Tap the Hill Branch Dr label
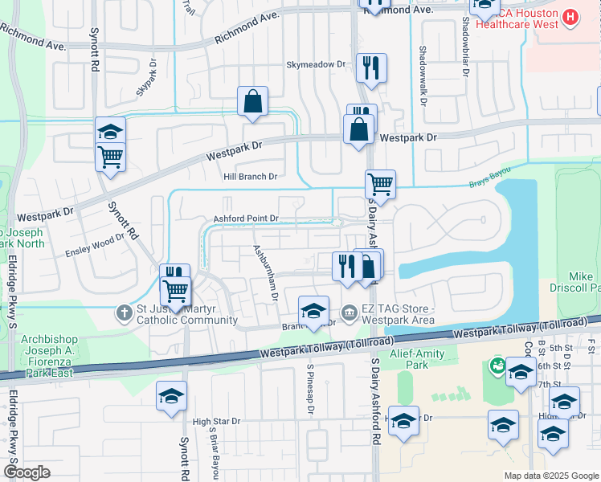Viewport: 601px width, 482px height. (250, 177)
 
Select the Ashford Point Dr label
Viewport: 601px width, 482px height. (246, 219)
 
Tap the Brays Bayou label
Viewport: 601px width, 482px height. (489, 186)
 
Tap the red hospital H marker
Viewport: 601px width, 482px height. (570, 17)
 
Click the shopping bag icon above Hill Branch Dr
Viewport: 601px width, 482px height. (252, 101)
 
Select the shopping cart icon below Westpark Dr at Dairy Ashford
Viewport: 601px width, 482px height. (380, 184)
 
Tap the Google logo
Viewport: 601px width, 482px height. (27, 472)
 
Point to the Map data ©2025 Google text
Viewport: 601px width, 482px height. (550, 476)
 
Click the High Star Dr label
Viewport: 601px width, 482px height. (217, 421)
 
